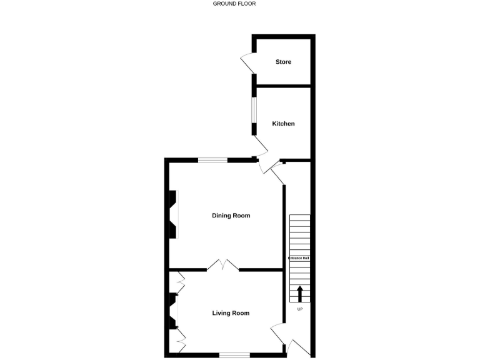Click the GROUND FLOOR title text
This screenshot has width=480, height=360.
coord(234,4)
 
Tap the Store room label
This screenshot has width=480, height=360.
coord(283,62)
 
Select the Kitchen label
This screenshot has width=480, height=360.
coord(283,124)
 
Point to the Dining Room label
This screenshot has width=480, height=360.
coord(231,216)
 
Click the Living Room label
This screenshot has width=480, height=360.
coord(231,313)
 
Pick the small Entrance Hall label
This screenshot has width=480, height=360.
coord(299,258)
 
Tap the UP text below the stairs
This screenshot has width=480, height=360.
coord(299,309)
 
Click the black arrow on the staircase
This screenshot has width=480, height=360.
coord(299,293)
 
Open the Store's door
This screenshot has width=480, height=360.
coord(247,64)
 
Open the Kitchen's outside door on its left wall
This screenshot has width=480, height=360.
coord(261,147)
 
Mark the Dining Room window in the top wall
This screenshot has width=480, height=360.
coord(213,160)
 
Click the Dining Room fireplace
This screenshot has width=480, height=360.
coord(172,215)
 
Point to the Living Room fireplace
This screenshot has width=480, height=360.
coord(172,312)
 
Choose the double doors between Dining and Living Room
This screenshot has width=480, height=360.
coord(223,266)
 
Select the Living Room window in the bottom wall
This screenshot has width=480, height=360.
coord(234,355)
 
